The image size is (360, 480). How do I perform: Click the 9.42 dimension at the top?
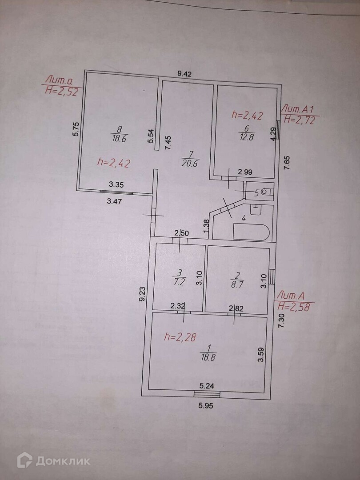pyautogui.click(x=184, y=74)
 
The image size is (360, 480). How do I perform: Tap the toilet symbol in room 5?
pyautogui.click(x=266, y=192)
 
